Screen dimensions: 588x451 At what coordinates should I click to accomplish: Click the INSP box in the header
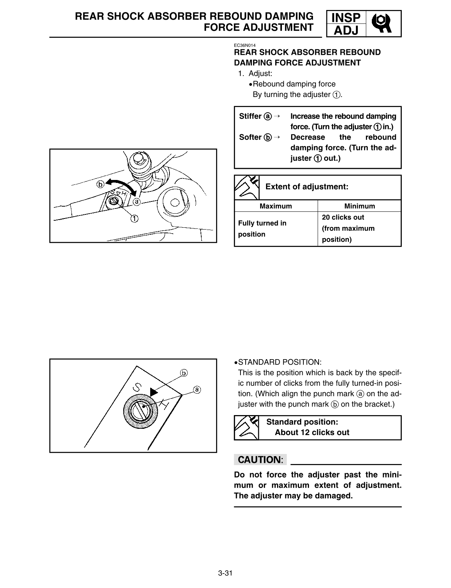[x=346, y=17]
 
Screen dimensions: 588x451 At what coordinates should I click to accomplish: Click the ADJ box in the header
[x=346, y=30]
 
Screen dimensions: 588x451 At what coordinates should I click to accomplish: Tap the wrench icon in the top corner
[x=383, y=24]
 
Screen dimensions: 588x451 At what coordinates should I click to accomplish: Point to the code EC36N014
[x=245, y=46]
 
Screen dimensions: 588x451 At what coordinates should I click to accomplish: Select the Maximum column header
[x=276, y=206]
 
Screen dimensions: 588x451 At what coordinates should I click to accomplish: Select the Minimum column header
[x=359, y=206]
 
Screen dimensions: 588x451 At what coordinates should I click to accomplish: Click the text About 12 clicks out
[x=312, y=432]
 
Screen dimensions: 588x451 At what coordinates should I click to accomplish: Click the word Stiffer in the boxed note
[x=250, y=116]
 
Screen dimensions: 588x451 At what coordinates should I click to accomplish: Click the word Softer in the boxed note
[x=250, y=137]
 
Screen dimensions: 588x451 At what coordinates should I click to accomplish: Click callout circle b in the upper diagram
[x=100, y=184]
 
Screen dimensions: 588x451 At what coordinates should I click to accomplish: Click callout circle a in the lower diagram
[x=197, y=390]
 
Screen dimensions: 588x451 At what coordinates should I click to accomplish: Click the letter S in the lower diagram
[x=137, y=387]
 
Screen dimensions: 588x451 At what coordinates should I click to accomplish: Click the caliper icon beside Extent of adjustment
[x=246, y=187]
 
